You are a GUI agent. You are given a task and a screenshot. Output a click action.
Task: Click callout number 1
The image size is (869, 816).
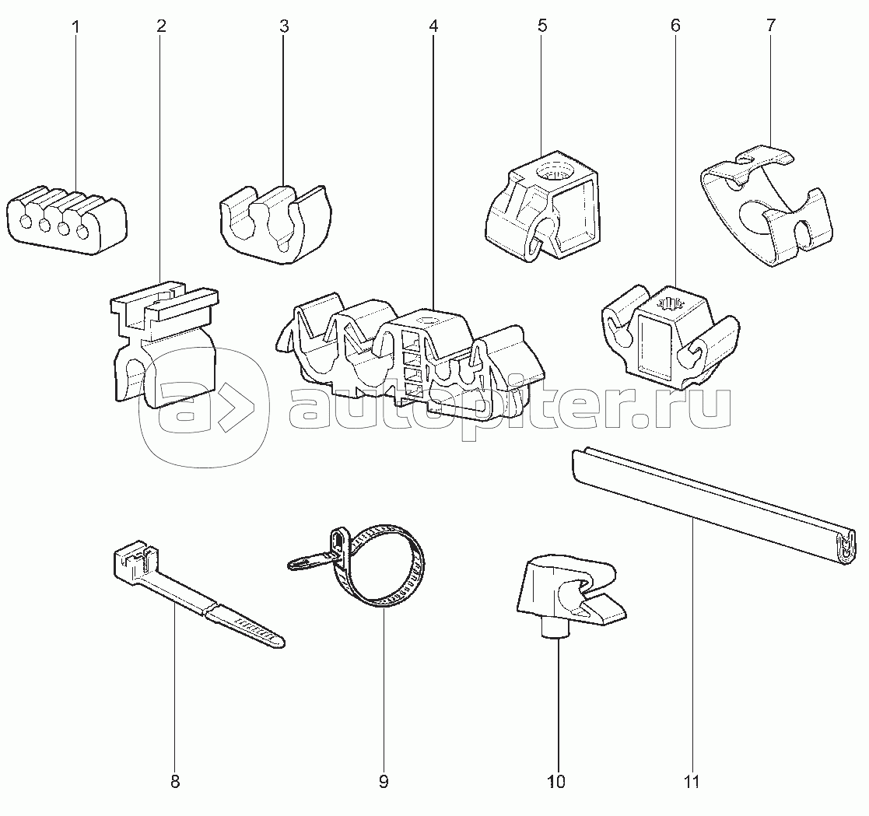click(75, 26)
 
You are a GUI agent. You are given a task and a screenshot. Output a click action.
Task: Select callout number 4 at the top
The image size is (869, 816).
click(433, 26)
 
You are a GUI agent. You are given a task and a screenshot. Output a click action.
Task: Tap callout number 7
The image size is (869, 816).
click(770, 25)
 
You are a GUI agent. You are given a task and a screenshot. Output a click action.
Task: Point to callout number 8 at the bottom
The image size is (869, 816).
click(175, 781)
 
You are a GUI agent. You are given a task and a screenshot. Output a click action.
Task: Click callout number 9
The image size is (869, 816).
click(383, 781)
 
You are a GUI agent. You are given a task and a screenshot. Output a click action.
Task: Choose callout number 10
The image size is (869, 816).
click(556, 781)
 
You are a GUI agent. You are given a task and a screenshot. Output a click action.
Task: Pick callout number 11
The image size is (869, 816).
click(692, 781)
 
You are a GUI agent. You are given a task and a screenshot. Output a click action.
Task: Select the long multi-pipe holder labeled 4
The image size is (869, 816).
click(412, 350)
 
